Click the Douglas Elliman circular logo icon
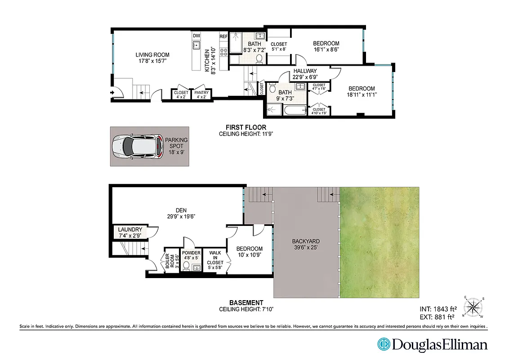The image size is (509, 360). [384, 345]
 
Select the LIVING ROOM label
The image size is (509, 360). [152, 55]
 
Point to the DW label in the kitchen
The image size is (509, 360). [196, 36]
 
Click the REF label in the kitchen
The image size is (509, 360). [223, 36]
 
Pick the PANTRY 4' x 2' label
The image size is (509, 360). [201, 94]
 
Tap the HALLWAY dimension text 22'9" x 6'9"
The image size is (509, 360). [305, 77]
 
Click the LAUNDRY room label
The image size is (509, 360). [130, 229]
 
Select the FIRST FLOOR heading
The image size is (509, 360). [246, 127]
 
